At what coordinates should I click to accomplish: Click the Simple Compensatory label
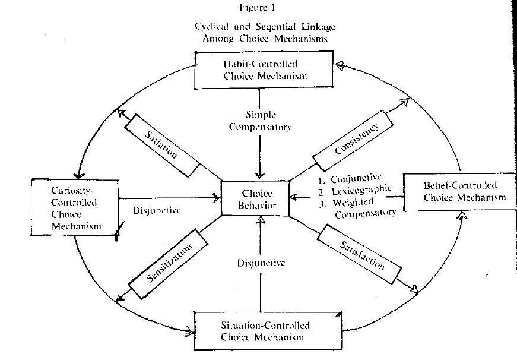(261, 121)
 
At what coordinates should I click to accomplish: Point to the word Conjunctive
(356, 179)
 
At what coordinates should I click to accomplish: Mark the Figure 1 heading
(257, 8)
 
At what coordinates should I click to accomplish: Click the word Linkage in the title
(319, 27)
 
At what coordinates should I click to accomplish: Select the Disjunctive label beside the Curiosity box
(157, 210)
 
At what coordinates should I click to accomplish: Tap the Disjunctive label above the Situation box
(261, 263)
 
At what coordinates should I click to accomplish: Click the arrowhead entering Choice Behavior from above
(260, 175)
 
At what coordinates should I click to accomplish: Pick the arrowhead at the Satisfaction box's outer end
(414, 288)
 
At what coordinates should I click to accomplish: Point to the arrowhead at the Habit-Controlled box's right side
(340, 65)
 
